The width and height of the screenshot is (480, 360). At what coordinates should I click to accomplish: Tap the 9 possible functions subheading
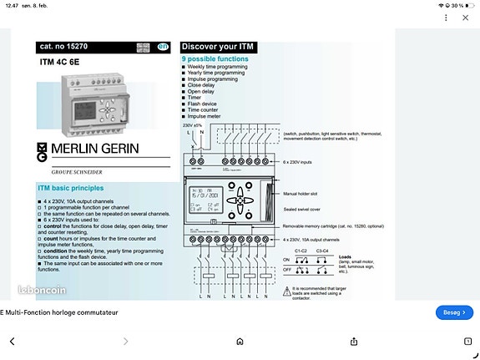[x=215, y=60]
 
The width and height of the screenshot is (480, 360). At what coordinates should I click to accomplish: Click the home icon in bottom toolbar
[x=240, y=341]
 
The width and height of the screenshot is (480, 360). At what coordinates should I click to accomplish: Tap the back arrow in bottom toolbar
[x=13, y=341]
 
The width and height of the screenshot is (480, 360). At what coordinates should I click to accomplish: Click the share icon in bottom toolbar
[x=354, y=341]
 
